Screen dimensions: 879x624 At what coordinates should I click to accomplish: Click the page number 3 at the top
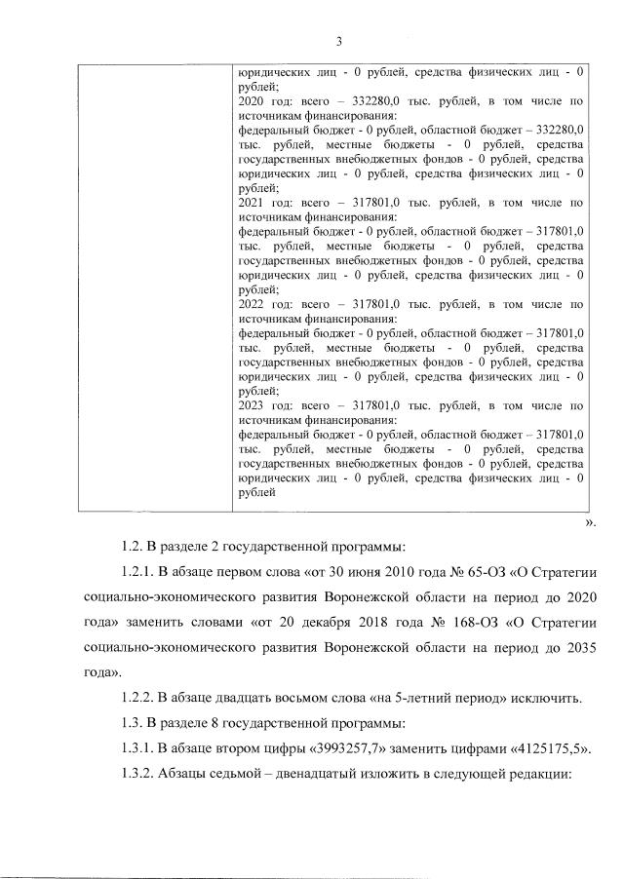pyautogui.click(x=338, y=41)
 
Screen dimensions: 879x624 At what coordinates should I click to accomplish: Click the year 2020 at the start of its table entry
pyautogui.click(x=250, y=99)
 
